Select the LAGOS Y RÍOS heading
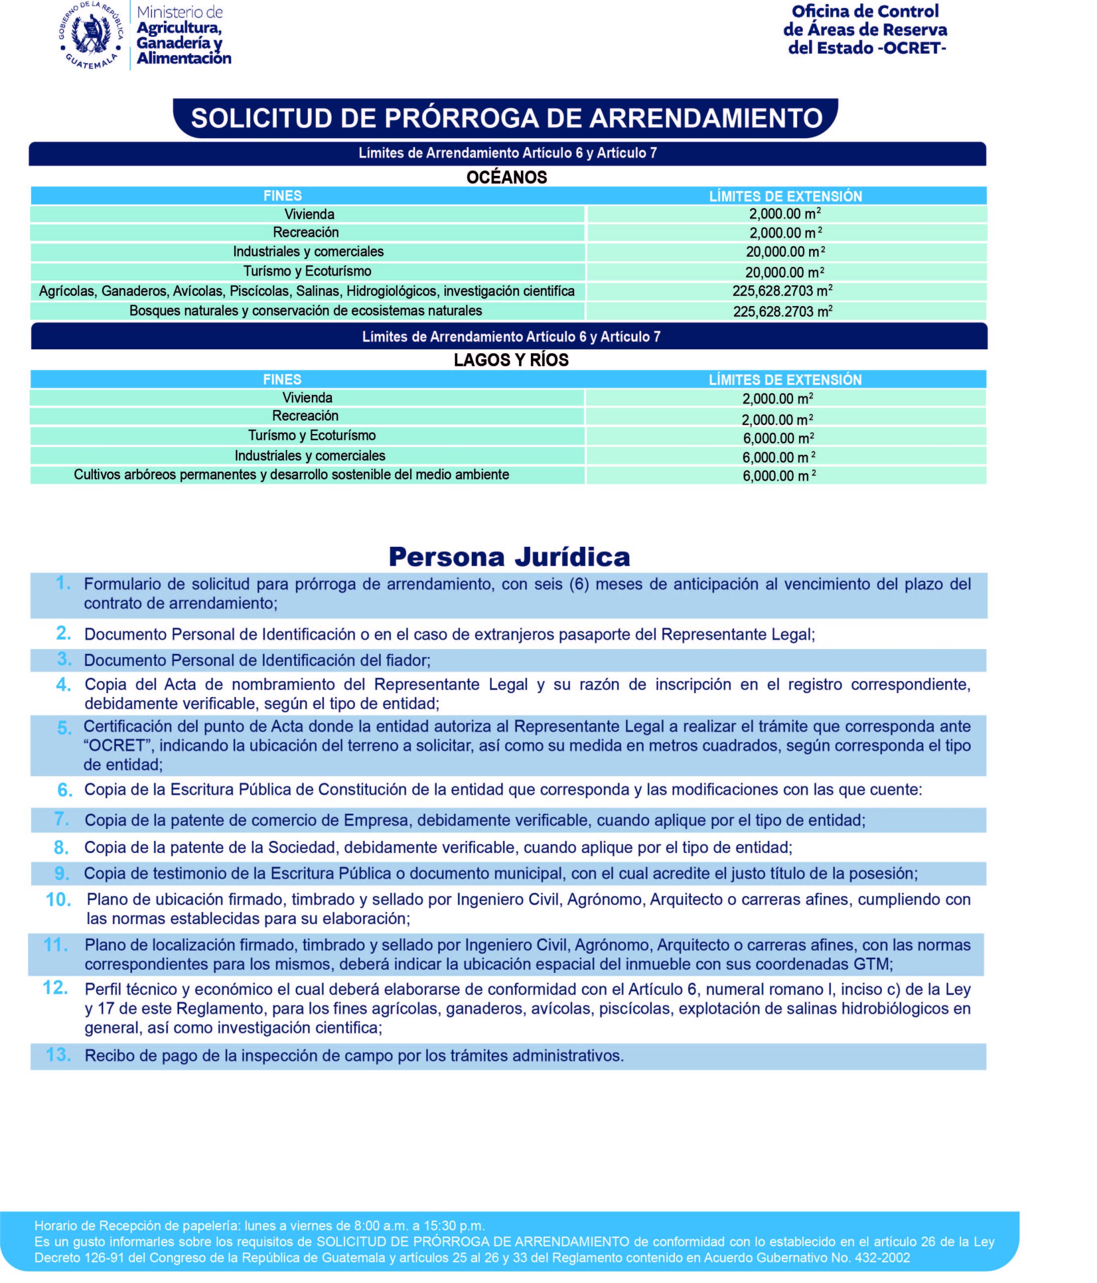510,360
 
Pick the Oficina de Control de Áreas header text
865,29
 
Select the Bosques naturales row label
305,311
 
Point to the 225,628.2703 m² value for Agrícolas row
782,291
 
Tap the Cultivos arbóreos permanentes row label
291,475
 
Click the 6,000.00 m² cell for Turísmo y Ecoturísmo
778,439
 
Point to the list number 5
64,729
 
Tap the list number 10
59,900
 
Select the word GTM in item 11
873,964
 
